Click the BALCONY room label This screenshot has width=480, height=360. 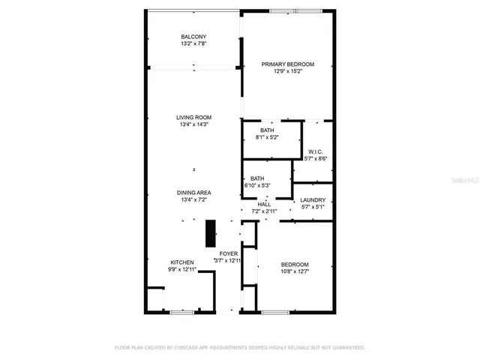click(x=193, y=37)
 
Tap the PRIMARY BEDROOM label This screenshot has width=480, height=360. click(x=288, y=64)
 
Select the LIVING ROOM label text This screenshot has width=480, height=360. click(x=193, y=118)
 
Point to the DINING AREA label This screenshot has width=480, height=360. click(x=193, y=193)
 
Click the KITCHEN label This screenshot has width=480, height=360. click(x=182, y=262)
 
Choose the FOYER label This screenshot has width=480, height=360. click(x=228, y=253)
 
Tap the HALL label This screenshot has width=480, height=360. click(x=265, y=204)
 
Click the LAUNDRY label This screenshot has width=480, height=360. click(x=313, y=200)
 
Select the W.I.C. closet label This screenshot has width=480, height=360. click(x=316, y=151)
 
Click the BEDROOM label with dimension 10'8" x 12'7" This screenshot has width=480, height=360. click(x=295, y=265)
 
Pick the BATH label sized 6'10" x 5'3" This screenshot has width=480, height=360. click(x=257, y=178)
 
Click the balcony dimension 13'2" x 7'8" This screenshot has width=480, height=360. click(x=193, y=44)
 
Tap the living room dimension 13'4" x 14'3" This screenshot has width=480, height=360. click(x=193, y=125)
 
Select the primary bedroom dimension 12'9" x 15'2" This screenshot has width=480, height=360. click(x=288, y=72)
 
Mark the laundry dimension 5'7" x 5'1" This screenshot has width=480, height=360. click(x=313, y=208)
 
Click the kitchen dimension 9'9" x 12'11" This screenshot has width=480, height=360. click(x=182, y=269)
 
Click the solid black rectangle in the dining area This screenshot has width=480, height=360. click(x=211, y=233)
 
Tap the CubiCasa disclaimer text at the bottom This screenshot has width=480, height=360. click(x=239, y=348)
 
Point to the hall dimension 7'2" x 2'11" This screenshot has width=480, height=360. click(x=265, y=211)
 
